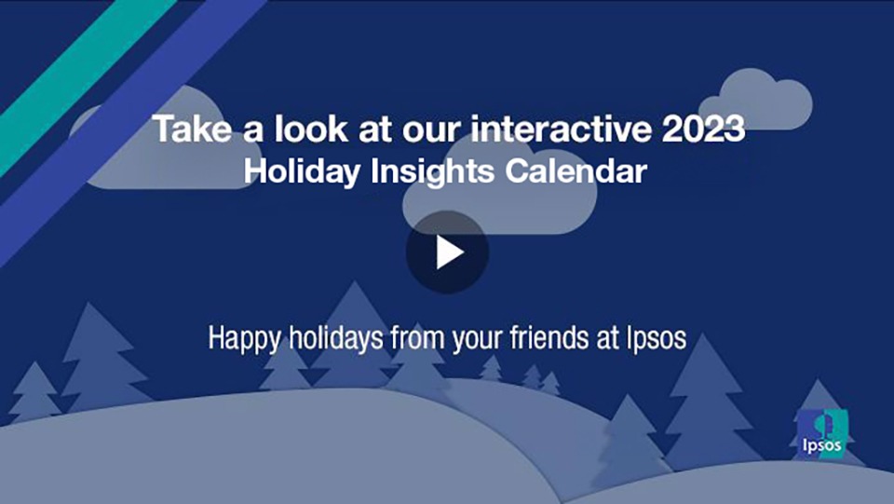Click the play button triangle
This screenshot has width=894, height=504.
click(x=449, y=252)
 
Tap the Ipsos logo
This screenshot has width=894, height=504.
click(x=822, y=433)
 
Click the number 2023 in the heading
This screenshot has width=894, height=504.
click(x=703, y=129)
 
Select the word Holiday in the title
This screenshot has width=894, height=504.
click(x=302, y=171)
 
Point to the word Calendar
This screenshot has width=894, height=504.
click(x=576, y=171)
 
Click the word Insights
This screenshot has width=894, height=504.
click(x=433, y=172)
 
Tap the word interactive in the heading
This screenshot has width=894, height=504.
click(x=561, y=129)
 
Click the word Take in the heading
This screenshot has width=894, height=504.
click(x=193, y=129)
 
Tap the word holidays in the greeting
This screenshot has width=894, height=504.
click(x=336, y=339)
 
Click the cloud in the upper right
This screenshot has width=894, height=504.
click(x=755, y=100)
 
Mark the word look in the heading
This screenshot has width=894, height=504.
click(x=311, y=129)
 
